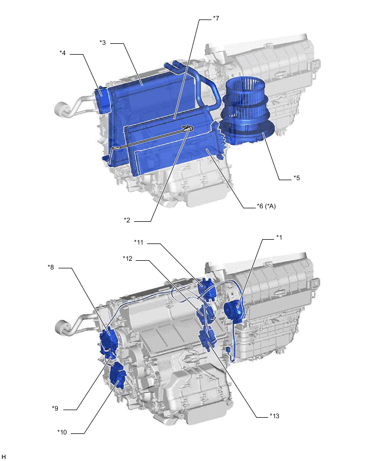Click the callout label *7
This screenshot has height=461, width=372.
[x=216, y=18]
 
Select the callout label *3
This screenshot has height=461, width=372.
[x=103, y=43]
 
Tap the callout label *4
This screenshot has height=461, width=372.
[x=63, y=53]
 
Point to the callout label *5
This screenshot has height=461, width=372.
[x=296, y=178]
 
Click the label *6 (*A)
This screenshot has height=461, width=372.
[x=266, y=206]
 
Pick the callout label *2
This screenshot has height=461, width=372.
[x=127, y=220]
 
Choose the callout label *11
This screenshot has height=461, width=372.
[x=139, y=242]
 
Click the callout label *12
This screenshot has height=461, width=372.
[x=128, y=259]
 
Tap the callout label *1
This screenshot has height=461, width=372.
[x=279, y=237]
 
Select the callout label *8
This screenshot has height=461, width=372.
[x=51, y=267]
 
